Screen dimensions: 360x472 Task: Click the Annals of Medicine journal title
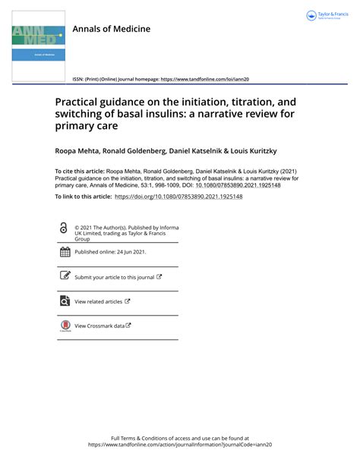(x=111, y=29)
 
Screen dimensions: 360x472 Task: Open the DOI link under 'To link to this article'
(x=178, y=197)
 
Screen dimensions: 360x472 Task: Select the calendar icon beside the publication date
(x=65, y=252)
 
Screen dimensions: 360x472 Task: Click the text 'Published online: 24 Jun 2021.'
(x=109, y=252)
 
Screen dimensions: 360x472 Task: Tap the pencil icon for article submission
(x=65, y=277)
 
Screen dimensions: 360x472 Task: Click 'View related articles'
(x=98, y=301)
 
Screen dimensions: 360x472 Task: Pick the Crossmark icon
(x=65, y=326)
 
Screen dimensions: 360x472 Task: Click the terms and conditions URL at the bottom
(x=179, y=445)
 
